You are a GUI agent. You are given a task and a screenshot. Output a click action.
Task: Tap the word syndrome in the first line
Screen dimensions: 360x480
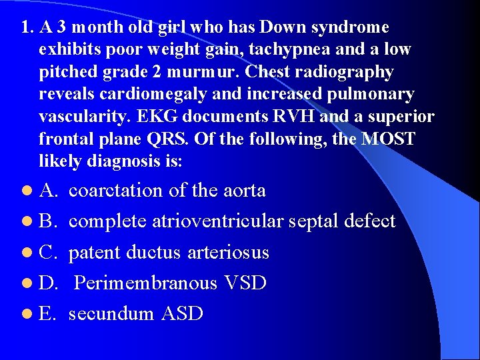(348, 28)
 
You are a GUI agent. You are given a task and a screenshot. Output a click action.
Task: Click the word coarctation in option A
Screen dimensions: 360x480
(116, 191)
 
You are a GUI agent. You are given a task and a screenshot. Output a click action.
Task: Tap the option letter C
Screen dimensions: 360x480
(47, 253)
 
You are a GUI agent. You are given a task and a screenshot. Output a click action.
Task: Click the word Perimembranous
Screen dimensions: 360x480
(145, 283)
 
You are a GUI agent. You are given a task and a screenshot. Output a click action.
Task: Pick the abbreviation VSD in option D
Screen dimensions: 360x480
(245, 283)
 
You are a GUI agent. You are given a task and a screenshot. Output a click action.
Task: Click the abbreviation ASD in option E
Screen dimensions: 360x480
(181, 313)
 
